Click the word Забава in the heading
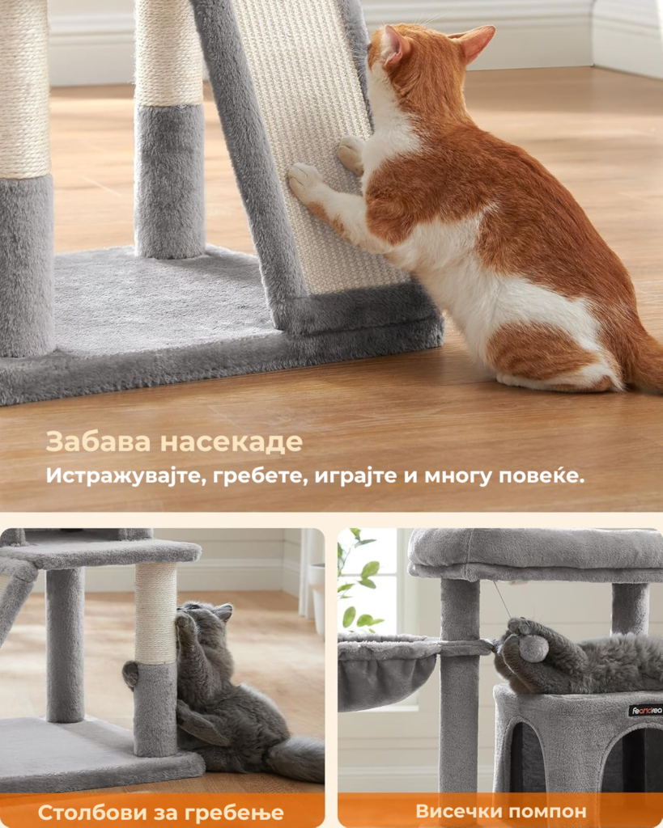98,441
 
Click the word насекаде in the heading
231,442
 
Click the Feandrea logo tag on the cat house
645,710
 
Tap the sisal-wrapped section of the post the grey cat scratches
155,613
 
